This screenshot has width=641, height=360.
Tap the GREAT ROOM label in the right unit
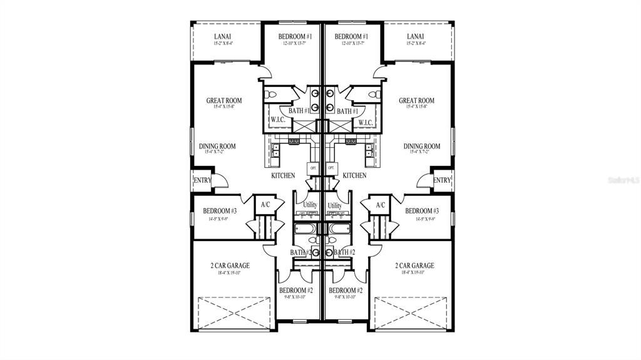pos(416,101)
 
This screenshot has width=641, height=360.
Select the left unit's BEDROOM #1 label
pos(295,36)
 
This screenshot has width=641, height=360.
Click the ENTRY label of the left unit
pos(203,180)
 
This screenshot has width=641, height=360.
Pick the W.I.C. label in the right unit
pos(366,121)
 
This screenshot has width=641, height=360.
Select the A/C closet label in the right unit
pos(380,205)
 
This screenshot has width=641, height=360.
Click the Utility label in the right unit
pos(335,205)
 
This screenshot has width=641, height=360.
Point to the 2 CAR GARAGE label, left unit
pos(230,265)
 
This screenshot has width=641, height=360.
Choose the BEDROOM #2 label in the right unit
pos(346,291)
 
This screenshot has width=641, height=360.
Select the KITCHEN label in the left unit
pos(283,176)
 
